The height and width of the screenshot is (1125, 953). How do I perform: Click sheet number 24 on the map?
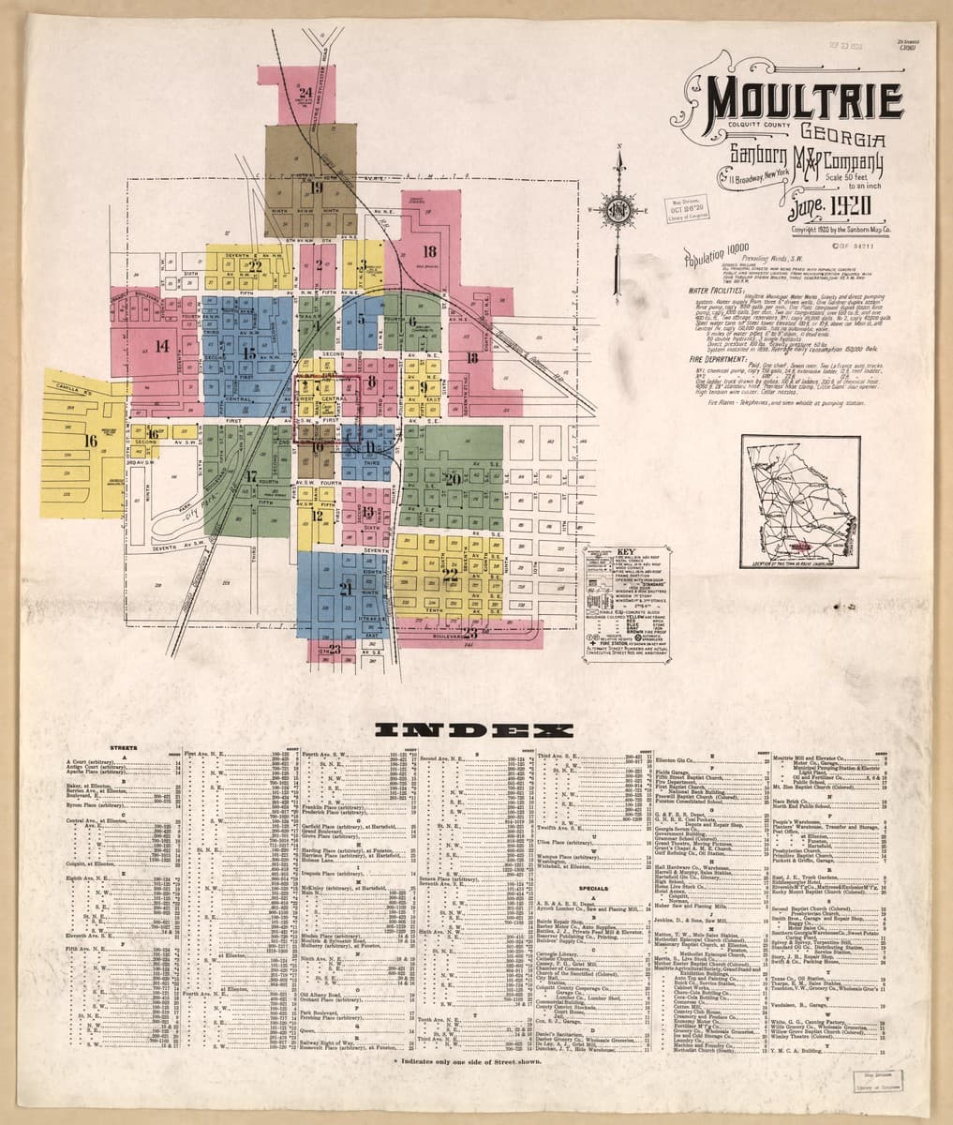click(x=305, y=93)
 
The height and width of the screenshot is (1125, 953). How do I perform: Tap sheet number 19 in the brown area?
click(x=316, y=187)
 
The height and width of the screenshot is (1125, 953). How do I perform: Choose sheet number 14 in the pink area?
click(x=162, y=346)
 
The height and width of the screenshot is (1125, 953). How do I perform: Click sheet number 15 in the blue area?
click(x=248, y=353)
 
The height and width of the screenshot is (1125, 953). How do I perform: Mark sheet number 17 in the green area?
click(x=250, y=476)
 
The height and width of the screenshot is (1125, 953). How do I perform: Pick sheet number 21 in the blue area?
click(x=345, y=589)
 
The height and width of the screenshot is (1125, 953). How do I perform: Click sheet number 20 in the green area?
click(x=453, y=479)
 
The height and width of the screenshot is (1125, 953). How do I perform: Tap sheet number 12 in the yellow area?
click(x=318, y=516)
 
